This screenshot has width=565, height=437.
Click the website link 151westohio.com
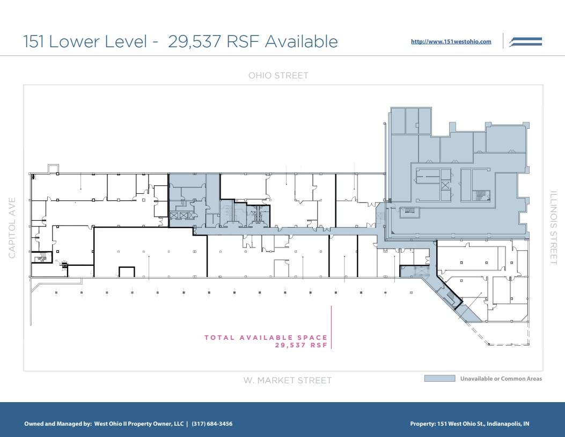click(451, 41)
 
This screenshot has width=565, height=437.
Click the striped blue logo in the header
click(525, 42)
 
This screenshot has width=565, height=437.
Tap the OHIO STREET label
click(278, 76)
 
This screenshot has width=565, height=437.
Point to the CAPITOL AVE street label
click(12, 228)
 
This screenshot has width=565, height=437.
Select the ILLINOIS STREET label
click(554, 228)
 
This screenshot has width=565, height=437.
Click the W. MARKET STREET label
click(287, 380)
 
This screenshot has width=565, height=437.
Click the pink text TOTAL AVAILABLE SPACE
click(266, 338)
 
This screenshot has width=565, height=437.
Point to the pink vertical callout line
click(332, 327)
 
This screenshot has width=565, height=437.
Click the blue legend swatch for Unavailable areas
click(439, 378)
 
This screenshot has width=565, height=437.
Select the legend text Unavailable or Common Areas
click(501, 378)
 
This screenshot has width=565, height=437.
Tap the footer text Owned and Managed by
click(57, 424)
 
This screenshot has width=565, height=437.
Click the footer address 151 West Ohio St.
click(456, 424)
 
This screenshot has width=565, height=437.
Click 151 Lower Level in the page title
click(85, 41)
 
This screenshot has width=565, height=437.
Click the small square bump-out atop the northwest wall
click(53, 169)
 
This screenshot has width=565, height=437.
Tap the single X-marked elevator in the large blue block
click(445, 185)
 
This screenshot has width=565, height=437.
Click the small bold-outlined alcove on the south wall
click(127, 272)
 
